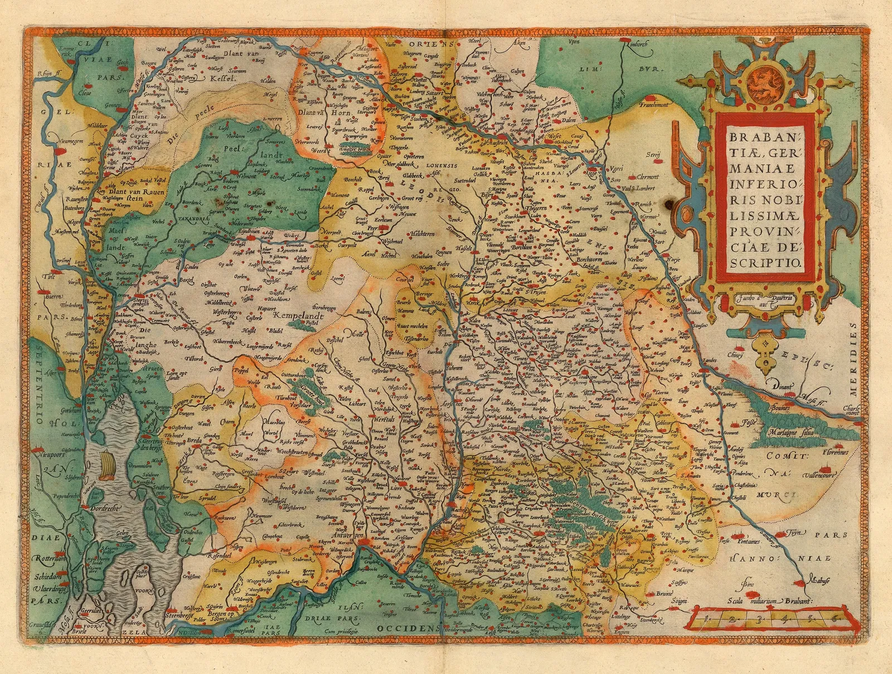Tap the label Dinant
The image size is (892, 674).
click(x=784, y=384)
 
